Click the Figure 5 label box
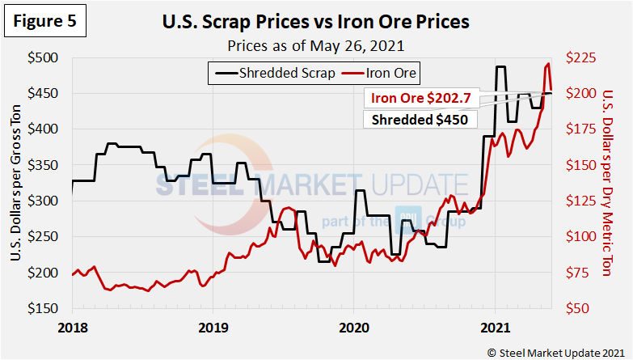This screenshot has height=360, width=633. point(45,22)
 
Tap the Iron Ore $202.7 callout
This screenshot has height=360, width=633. point(420,99)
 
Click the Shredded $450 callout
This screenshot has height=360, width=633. point(420,120)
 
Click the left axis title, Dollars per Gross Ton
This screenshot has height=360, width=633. point(16,183)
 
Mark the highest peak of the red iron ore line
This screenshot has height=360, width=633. point(549,63)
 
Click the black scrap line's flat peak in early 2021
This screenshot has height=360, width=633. point(501,67)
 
